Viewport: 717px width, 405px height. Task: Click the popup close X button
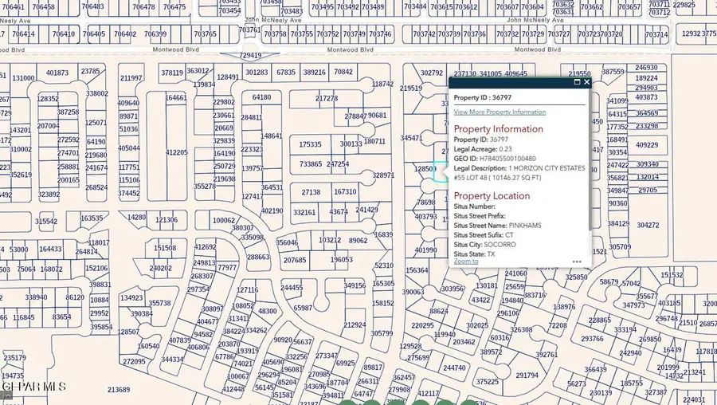(x=587, y=82)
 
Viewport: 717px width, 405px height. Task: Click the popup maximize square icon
(x=577, y=82)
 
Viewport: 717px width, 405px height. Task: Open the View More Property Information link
(x=500, y=112)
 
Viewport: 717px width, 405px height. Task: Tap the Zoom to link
(x=466, y=261)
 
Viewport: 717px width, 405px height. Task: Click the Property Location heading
(x=492, y=196)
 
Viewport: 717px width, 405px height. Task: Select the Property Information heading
(x=498, y=129)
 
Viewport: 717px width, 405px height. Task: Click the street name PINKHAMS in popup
(x=525, y=226)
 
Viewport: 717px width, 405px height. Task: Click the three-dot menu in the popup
(x=576, y=261)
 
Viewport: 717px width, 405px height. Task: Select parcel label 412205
(x=177, y=152)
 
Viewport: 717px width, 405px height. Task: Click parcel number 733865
(x=311, y=164)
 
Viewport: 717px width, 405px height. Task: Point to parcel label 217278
(x=327, y=99)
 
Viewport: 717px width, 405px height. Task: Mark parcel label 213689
(x=118, y=390)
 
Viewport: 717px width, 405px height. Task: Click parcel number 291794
(x=527, y=375)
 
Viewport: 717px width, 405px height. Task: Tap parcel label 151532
(x=672, y=276)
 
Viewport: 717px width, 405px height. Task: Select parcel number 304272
(x=648, y=225)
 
